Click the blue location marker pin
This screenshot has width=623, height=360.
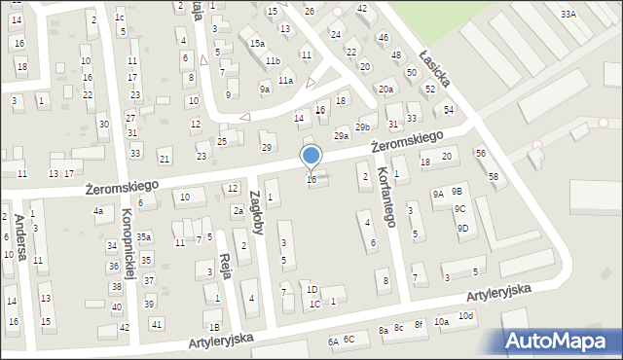click(x=311, y=156)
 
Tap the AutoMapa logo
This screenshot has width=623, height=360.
click(x=561, y=341)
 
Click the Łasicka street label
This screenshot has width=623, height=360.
click(x=433, y=66)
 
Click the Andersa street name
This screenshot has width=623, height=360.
click(x=19, y=238)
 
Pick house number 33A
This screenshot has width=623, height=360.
click(x=568, y=14)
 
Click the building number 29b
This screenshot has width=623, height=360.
click(x=363, y=127)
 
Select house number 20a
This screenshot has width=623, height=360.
click(x=386, y=90)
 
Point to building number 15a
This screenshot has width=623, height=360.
click(x=257, y=44)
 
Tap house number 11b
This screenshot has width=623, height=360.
click(x=273, y=61)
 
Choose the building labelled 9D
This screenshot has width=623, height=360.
click(x=463, y=229)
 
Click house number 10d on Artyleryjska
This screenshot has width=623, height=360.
click(x=467, y=317)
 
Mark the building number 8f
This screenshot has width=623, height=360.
click(x=419, y=323)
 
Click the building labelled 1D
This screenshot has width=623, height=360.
click(x=311, y=289)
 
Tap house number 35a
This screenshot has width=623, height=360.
click(x=144, y=236)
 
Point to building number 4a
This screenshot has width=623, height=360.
click(x=97, y=211)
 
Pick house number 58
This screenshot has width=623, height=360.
click(x=494, y=175)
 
